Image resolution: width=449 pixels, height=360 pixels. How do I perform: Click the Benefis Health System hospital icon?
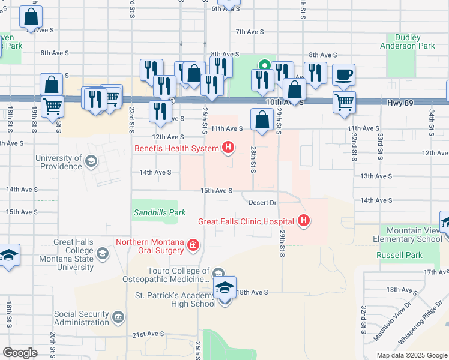228,147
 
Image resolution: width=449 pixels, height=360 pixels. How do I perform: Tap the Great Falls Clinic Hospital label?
247,221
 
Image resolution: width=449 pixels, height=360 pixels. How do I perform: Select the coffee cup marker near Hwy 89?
343,76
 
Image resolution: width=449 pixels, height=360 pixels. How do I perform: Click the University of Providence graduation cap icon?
91,161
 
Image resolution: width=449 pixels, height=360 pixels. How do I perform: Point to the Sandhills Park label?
160,212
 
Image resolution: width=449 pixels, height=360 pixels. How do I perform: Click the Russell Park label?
399,255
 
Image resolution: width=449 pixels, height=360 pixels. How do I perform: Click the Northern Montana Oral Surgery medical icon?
193,244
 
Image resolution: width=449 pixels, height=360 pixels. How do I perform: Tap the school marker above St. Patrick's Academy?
225,288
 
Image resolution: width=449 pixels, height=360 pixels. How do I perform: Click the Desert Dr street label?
262,203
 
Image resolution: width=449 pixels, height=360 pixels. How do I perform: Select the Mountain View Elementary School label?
414,235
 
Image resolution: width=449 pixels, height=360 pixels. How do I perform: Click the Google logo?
20,352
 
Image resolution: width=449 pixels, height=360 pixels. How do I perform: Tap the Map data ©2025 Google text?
411,355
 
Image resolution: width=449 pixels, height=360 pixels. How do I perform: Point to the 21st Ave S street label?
148,334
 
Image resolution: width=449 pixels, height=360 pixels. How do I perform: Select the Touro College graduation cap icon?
217,273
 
